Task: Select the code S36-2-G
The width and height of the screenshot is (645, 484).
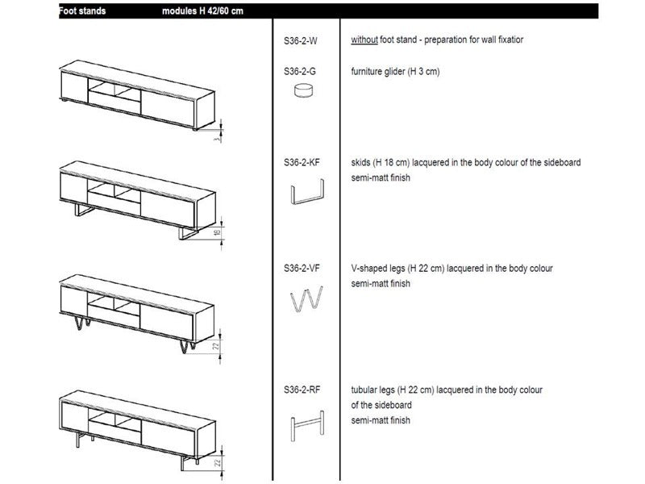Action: click(300, 72)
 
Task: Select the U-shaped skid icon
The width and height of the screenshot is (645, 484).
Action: click(307, 194)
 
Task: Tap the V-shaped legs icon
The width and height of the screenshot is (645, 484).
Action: click(307, 300)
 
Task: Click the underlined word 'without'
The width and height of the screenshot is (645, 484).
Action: click(364, 40)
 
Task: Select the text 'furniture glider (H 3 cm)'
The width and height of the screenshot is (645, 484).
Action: click(395, 72)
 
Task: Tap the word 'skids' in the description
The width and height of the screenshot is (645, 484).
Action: click(361, 162)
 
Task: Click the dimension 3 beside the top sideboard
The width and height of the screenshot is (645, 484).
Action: click(216, 138)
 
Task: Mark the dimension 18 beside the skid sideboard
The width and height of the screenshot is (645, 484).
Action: click(216, 234)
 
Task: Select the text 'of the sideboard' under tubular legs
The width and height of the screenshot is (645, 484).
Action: click(381, 405)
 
